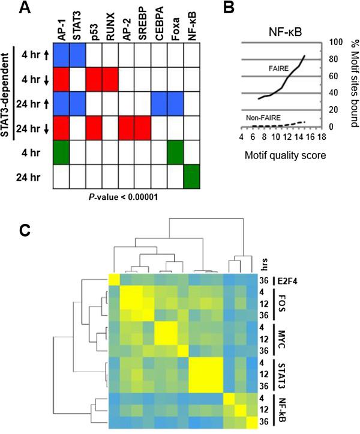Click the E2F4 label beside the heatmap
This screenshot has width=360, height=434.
coord(289,280)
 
